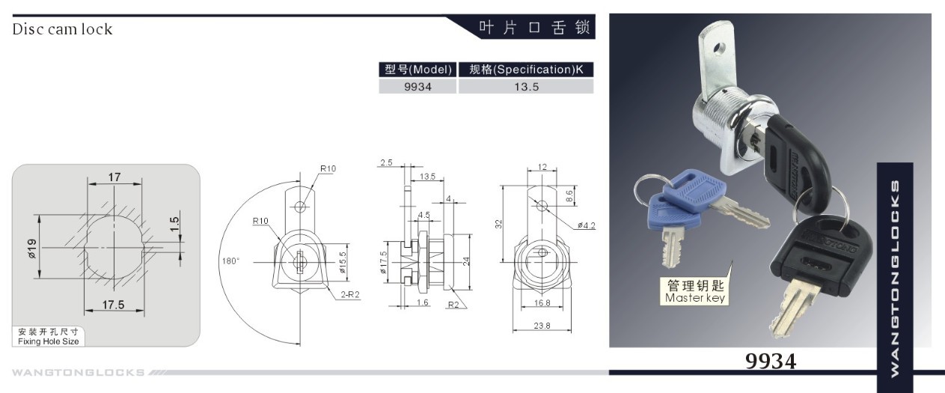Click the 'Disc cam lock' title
click(x=62, y=29)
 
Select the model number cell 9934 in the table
click(x=418, y=87)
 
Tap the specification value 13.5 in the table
click(x=526, y=87)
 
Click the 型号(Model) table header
click(x=418, y=69)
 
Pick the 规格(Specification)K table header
click(x=526, y=69)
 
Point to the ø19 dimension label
click(x=32, y=249)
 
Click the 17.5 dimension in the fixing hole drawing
click(x=113, y=305)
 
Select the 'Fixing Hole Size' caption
click(x=48, y=341)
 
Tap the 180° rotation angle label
click(x=230, y=261)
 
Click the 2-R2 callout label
click(x=350, y=294)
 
